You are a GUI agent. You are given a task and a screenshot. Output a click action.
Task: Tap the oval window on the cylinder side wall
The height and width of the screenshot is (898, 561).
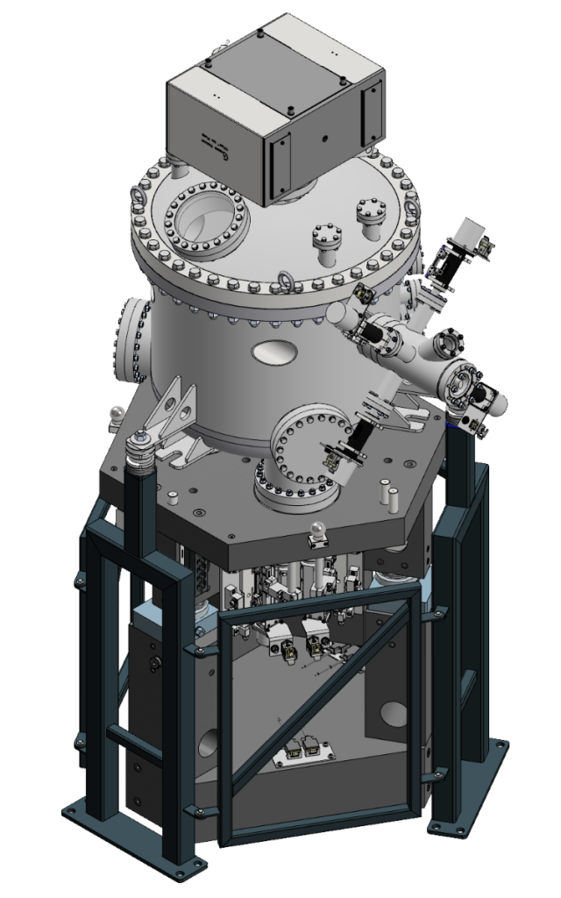click(273, 353)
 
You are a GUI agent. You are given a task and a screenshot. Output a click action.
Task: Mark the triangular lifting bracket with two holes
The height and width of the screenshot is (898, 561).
click(168, 412)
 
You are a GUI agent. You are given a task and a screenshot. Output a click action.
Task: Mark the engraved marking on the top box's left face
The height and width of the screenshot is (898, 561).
click(212, 140)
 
